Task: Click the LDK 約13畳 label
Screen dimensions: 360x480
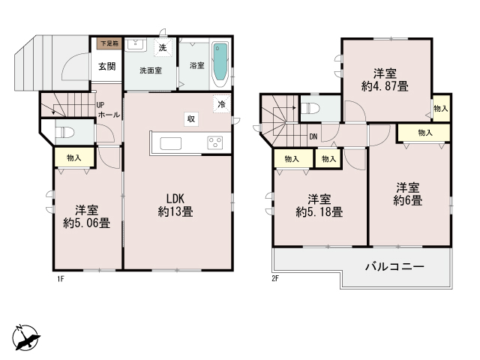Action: pyautogui.click(x=175, y=205)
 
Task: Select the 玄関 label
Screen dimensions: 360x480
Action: pyautogui.click(x=106, y=66)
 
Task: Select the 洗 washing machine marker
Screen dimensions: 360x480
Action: pyautogui.click(x=162, y=49)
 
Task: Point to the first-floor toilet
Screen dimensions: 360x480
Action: pyautogui.click(x=65, y=133)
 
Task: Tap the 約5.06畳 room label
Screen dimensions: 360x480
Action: pyautogui.click(x=87, y=217)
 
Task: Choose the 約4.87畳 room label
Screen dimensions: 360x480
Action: pyautogui.click(x=385, y=80)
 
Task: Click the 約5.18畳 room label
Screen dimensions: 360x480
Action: pyautogui.click(x=320, y=205)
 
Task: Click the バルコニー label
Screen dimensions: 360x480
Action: pyautogui.click(x=395, y=266)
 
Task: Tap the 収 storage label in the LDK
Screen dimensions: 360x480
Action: pyautogui.click(x=192, y=118)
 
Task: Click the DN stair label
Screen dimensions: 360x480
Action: pyautogui.click(x=313, y=136)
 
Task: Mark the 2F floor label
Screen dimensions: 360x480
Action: pyautogui.click(x=275, y=279)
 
